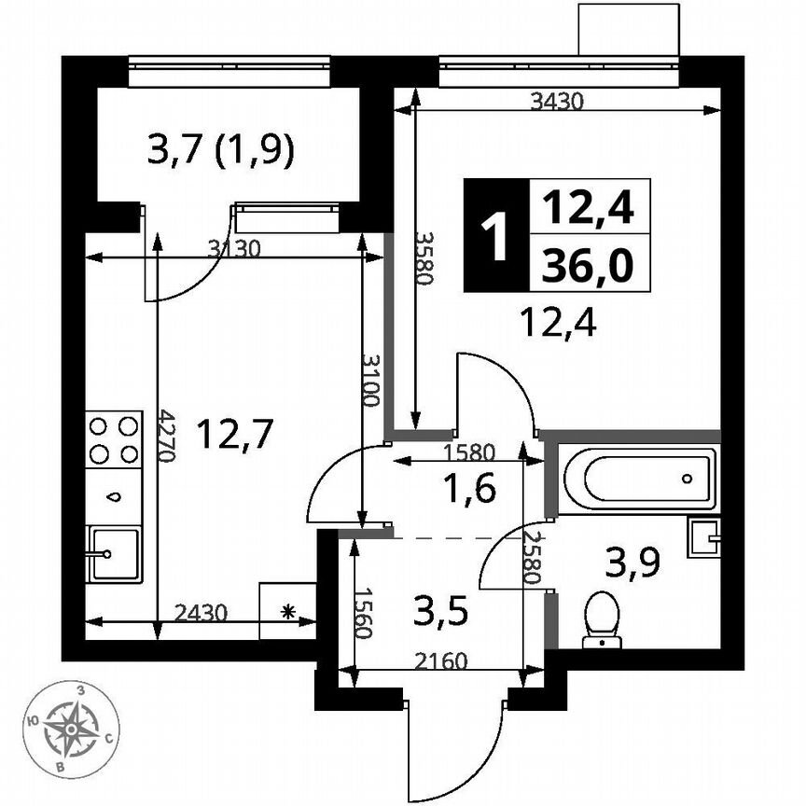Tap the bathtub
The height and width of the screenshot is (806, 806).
(637, 479)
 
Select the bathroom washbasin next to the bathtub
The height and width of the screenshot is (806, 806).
(703, 537)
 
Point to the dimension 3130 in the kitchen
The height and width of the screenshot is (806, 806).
(233, 248)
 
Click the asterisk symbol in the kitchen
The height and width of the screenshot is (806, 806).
(288, 612)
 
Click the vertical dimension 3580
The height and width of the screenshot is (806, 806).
(425, 259)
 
